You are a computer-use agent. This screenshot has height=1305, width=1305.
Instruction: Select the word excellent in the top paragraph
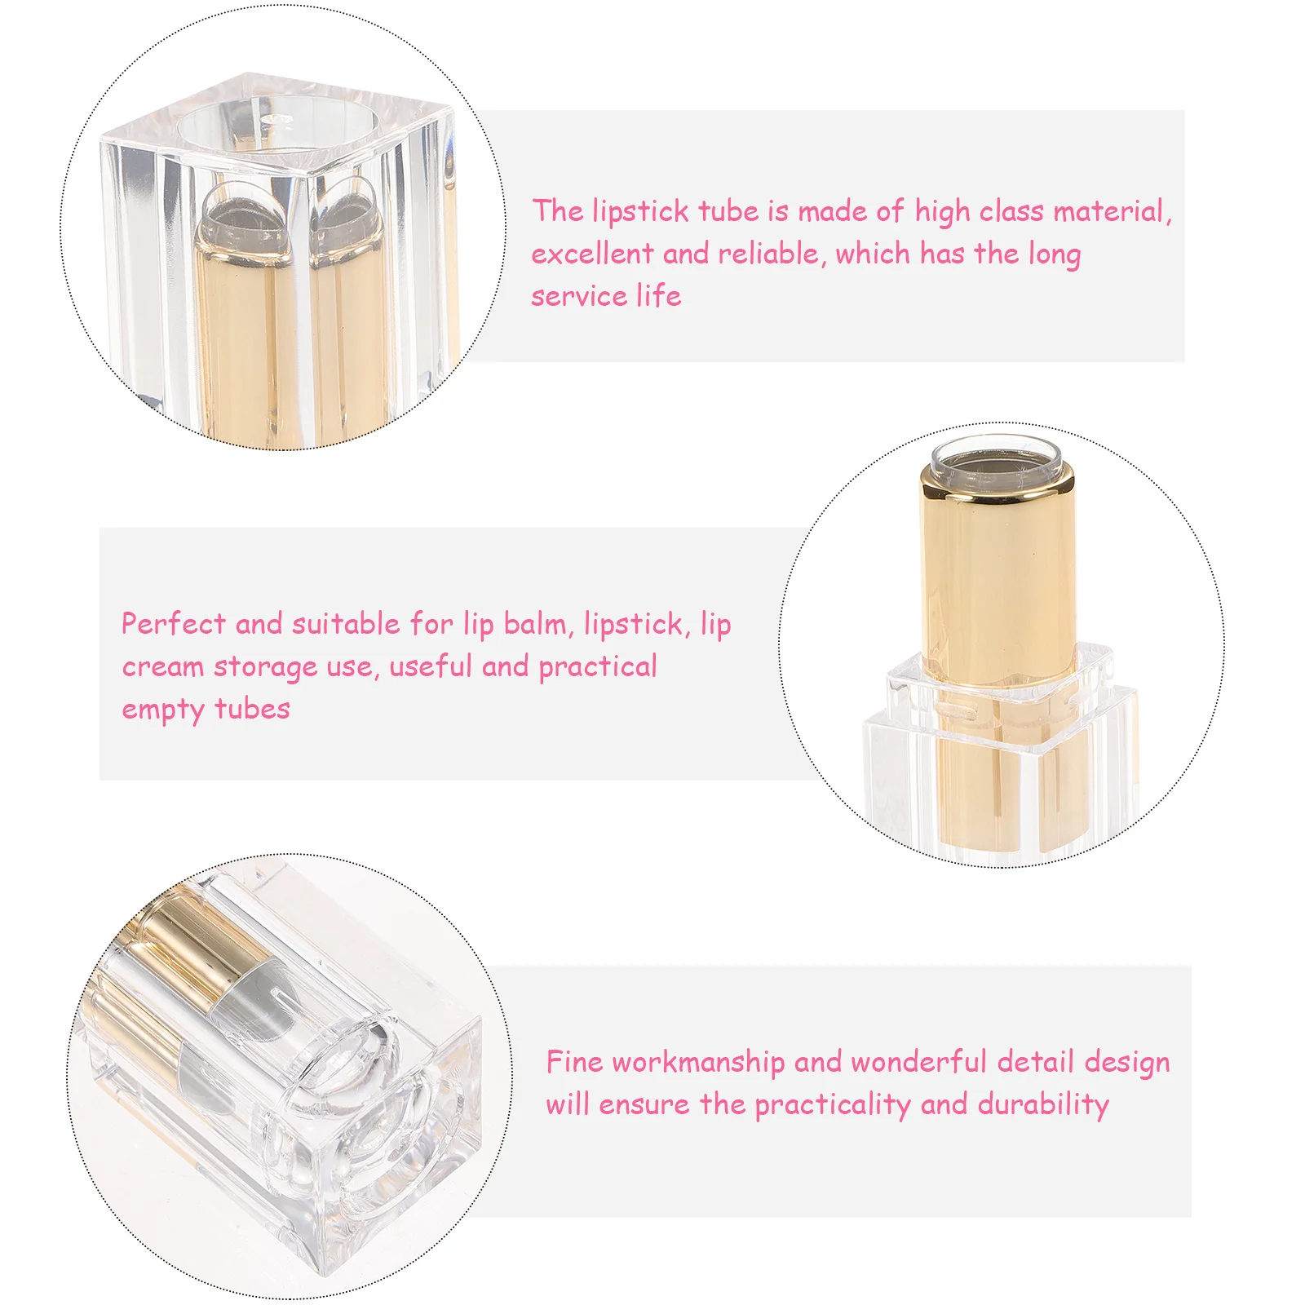592,254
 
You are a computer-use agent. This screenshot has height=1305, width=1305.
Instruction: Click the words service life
606,296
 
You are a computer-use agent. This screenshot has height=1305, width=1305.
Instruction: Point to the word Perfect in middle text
173,625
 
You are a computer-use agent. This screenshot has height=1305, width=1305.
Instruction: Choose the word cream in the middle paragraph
162,667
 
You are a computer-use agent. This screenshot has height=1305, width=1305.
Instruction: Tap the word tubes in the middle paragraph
252,710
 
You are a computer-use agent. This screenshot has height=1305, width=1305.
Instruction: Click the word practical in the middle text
597,667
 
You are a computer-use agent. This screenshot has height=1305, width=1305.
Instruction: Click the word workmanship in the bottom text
698,1062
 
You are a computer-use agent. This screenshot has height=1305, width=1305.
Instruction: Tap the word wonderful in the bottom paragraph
918,1062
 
